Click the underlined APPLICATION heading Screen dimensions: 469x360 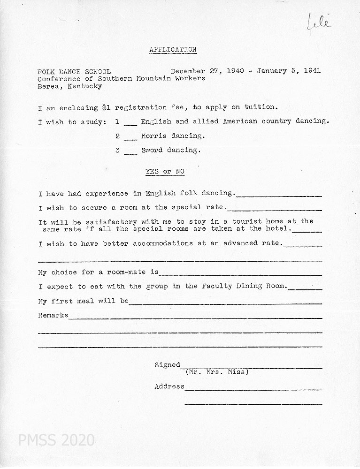(173, 49)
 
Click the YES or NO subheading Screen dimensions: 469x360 (165, 172)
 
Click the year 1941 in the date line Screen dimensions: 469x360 (312, 71)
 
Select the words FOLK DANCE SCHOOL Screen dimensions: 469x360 (74, 71)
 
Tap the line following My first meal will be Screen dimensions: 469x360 (225, 303)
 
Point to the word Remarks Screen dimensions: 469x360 (53, 315)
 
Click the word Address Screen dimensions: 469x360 (169, 386)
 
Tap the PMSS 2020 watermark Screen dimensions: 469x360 (56, 440)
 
